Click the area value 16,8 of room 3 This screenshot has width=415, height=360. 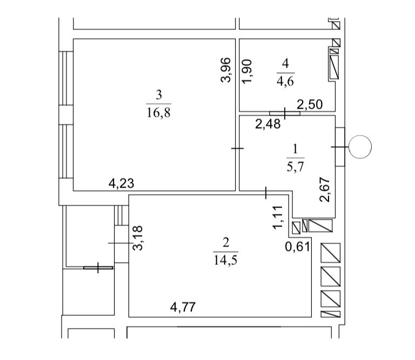tap(158, 113)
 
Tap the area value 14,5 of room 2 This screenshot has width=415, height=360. tap(225, 261)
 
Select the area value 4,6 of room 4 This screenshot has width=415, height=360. tap(285, 81)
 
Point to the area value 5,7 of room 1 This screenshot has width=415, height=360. tap(296, 167)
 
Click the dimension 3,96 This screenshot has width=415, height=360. tap(226, 70)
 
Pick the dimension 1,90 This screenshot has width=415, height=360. tap(247, 71)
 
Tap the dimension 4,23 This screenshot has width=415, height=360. tap(122, 183)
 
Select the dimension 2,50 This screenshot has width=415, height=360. tap(310, 104)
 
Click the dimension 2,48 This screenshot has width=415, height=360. tap(267, 124)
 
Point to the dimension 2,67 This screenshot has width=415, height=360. tap(325, 190)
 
